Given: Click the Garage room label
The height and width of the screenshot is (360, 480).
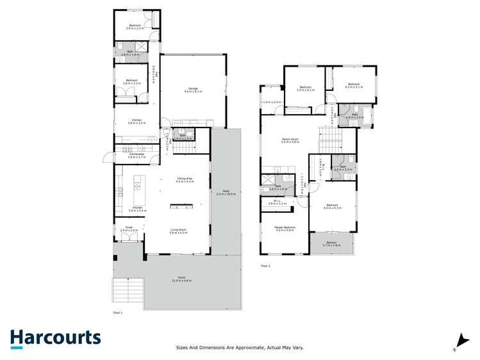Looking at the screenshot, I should (193, 89).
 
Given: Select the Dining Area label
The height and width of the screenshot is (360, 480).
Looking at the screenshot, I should (185, 179).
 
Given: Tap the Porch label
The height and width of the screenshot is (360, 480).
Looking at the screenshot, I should (181, 278).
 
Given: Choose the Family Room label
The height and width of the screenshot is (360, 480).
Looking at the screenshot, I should (290, 139).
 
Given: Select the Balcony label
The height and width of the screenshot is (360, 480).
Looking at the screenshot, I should (331, 242).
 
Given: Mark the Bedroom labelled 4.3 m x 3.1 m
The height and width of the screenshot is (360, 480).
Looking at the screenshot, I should (354, 84).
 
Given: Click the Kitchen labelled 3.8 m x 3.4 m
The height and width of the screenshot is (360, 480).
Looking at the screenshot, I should (137, 120).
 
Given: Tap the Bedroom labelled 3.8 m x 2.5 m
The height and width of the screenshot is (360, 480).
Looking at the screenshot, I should (134, 26).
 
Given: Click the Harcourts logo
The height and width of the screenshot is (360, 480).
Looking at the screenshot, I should (55, 338).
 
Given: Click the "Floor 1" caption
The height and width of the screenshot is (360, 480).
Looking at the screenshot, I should (117, 313).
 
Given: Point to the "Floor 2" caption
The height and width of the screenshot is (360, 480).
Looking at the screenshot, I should (265, 265).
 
